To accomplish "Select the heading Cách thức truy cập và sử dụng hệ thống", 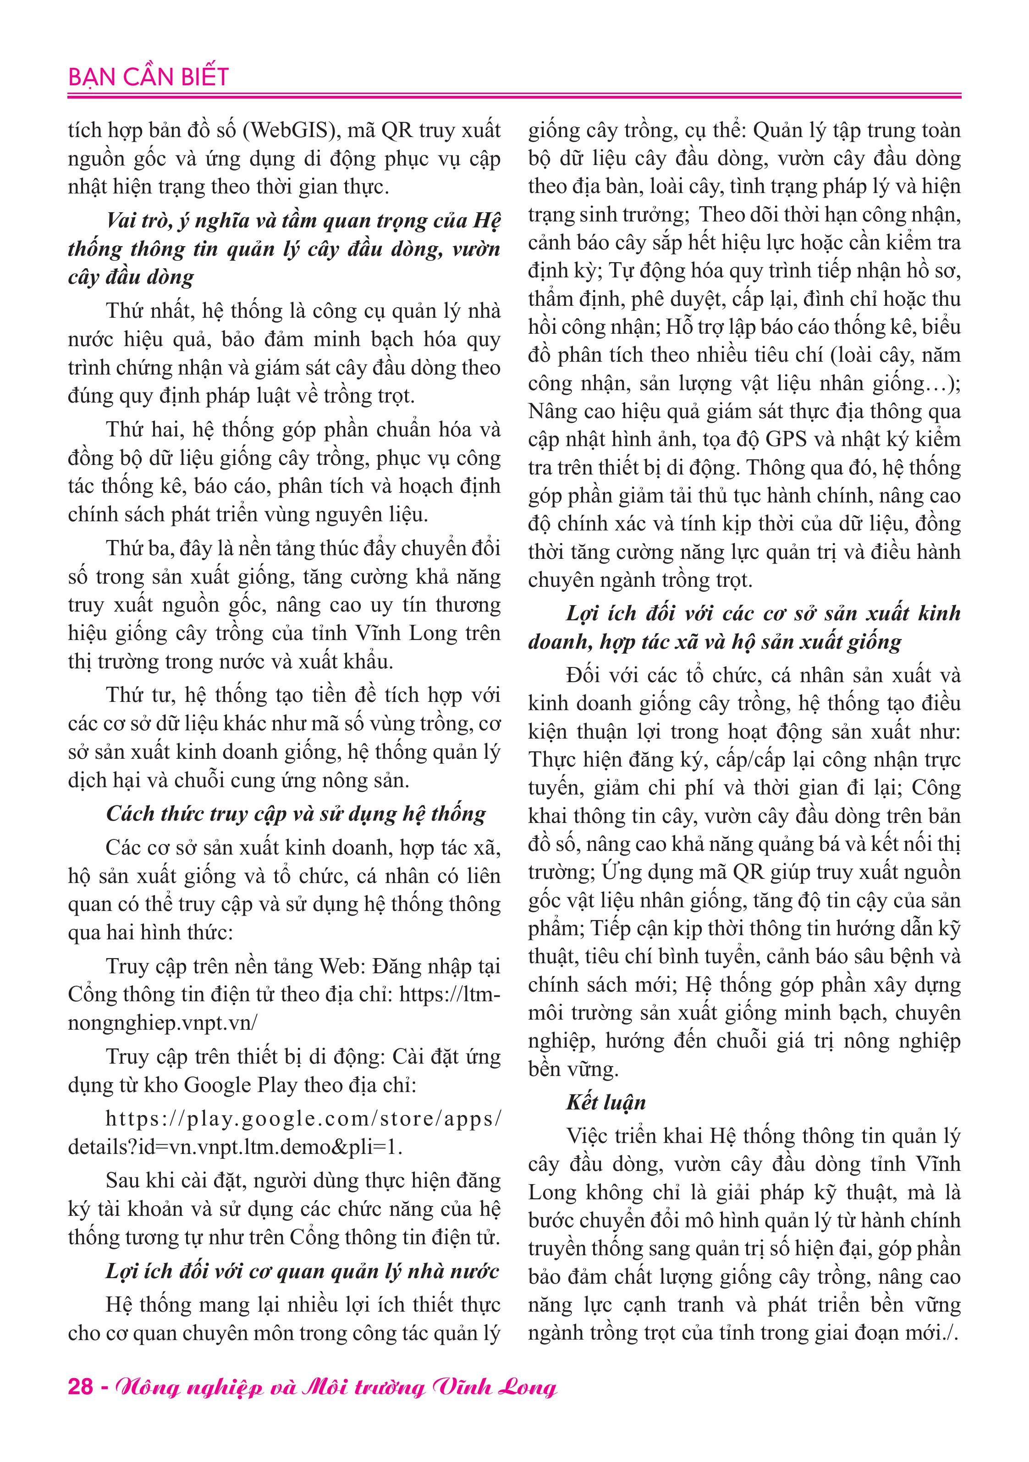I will tap(296, 814).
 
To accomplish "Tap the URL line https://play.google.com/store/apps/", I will tap(303, 1119).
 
